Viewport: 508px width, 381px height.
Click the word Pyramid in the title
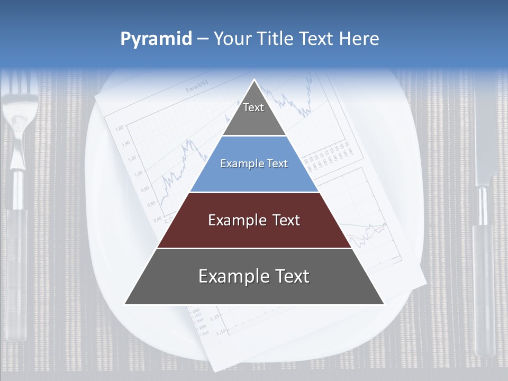click(156, 39)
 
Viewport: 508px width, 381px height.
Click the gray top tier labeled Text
click(253, 111)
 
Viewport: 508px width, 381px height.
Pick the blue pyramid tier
click(254, 164)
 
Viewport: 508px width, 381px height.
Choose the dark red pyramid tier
click(254, 221)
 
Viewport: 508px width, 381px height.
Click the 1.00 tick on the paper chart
click(138, 173)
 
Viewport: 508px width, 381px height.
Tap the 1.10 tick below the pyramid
click(221, 331)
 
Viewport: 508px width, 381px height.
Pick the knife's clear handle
click(484, 286)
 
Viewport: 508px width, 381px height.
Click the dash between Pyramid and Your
click(203, 39)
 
